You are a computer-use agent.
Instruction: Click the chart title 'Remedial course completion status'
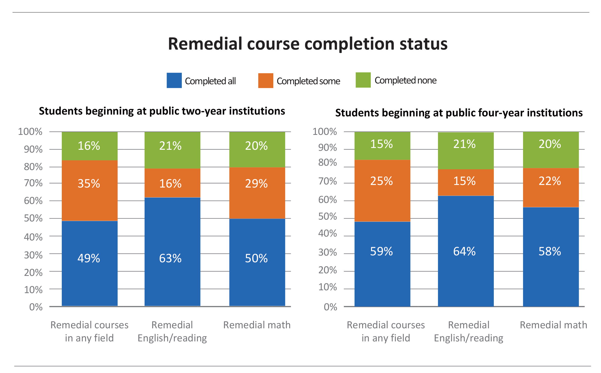308,44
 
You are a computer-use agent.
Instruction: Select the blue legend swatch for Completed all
174,81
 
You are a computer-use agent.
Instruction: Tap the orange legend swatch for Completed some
266,81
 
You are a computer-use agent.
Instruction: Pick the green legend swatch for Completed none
363,80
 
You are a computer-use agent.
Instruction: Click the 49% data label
89,258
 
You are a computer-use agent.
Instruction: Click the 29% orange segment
257,193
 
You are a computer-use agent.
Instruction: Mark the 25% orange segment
382,191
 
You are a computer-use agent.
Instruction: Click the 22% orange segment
551,188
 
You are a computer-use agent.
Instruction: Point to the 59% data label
381,251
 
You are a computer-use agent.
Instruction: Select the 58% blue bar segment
551,257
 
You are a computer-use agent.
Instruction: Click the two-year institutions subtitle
162,111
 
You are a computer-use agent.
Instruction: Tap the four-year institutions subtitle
459,113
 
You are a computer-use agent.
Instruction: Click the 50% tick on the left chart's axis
33,218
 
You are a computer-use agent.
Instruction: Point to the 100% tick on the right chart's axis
324,132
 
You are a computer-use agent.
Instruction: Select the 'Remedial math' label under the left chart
257,325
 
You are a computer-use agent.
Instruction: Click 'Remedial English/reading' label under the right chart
468,331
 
